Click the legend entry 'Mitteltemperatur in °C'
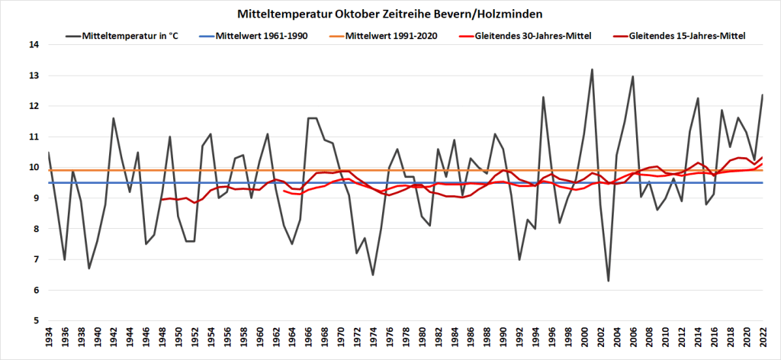(x=129, y=35)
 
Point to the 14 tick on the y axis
(x=34, y=45)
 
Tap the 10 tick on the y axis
(x=34, y=167)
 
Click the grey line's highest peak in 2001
(x=592, y=69)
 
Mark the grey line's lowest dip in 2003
(x=609, y=281)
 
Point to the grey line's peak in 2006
(x=633, y=76)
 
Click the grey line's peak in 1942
(x=114, y=118)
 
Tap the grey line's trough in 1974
(x=373, y=275)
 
